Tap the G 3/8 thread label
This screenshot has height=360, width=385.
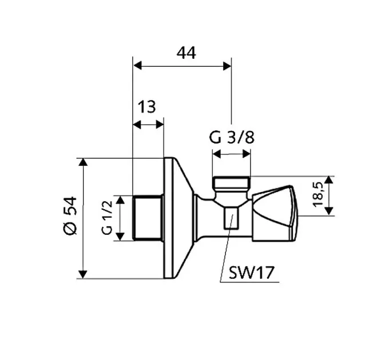[231, 138]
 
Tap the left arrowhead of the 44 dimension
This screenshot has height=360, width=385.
[137, 66]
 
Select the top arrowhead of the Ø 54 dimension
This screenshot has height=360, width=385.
[84, 161]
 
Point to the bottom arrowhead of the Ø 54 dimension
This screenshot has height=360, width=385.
[84, 275]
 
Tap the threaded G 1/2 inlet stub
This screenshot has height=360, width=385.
[148, 218]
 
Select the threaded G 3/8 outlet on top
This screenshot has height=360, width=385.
[231, 183]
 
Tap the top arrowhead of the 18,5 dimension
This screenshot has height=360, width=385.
[329, 179]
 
